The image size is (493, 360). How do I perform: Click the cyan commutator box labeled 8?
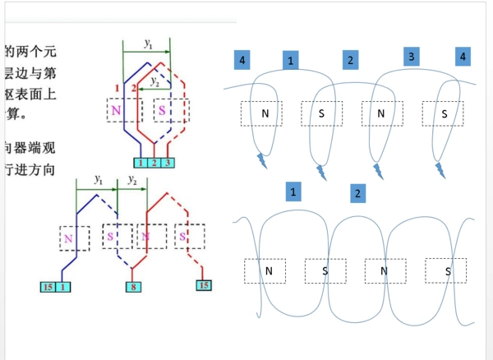(131, 287)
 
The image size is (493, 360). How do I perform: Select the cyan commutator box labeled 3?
(168, 163)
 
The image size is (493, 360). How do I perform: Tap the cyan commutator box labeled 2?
(155, 163)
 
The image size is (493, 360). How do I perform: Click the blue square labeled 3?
(412, 56)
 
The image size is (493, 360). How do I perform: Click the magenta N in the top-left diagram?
(115, 110)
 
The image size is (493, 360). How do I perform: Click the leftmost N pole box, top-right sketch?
(265, 113)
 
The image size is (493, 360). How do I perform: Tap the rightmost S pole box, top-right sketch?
(443, 113)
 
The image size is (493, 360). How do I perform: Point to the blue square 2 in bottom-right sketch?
(357, 194)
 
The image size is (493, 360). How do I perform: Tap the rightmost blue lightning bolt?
(440, 169)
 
